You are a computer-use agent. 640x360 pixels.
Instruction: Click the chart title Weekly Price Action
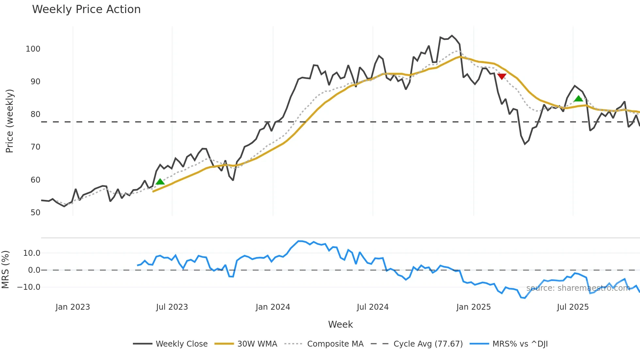(86, 9)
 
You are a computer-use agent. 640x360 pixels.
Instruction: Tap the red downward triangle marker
(502, 76)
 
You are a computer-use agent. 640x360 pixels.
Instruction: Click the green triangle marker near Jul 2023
(160, 182)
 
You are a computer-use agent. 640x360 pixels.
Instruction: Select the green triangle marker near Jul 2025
(578, 99)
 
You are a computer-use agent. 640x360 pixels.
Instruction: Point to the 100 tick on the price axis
(33, 49)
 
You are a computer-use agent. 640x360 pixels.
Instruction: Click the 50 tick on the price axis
(35, 213)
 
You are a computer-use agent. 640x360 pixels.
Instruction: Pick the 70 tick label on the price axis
(35, 147)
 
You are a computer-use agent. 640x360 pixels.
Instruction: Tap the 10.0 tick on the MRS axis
(32, 253)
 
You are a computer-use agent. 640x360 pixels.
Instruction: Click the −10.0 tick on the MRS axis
(29, 287)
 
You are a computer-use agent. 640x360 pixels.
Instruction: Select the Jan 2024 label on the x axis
(273, 307)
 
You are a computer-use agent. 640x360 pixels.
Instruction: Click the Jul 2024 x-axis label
(373, 307)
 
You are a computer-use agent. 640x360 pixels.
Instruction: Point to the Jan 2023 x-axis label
(72, 307)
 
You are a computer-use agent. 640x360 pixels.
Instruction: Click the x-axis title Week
(340, 324)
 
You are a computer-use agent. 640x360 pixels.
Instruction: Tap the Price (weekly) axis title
(9, 121)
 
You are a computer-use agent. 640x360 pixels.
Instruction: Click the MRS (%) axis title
(5, 270)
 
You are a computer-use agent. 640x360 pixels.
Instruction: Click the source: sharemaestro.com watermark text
(578, 288)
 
